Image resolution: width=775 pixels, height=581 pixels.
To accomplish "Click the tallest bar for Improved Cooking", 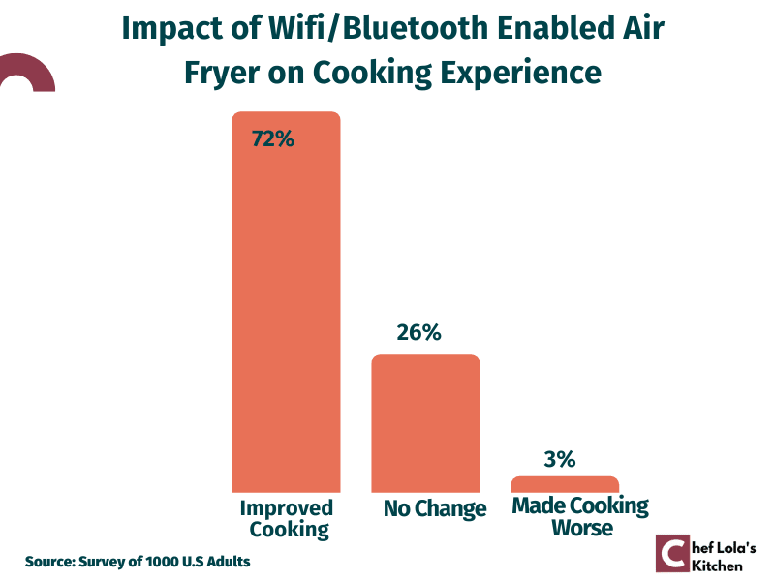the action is click(x=286, y=302).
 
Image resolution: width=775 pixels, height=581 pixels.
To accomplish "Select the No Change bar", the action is click(x=425, y=423).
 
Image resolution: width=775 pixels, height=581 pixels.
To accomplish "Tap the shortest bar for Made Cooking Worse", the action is click(x=565, y=484).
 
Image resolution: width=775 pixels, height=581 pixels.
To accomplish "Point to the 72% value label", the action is click(x=273, y=138).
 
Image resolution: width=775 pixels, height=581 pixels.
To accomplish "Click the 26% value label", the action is click(x=418, y=332).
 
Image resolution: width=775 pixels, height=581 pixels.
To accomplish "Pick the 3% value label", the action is click(x=560, y=459).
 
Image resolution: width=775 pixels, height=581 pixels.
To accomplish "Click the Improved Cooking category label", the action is click(x=287, y=519).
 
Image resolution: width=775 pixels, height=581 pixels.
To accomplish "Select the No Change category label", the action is click(x=435, y=509).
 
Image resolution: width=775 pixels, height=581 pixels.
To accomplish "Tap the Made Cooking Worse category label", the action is click(x=580, y=516).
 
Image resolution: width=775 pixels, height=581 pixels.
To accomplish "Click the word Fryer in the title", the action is click(x=222, y=74).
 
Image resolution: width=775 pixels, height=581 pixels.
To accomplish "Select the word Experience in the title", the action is click(x=521, y=74).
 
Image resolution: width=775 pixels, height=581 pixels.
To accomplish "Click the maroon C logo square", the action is click(x=672, y=553).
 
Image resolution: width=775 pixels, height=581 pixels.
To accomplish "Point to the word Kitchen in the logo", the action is click(x=717, y=566).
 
